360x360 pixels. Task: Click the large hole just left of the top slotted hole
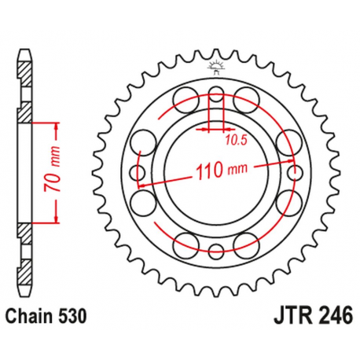tap(188, 97)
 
